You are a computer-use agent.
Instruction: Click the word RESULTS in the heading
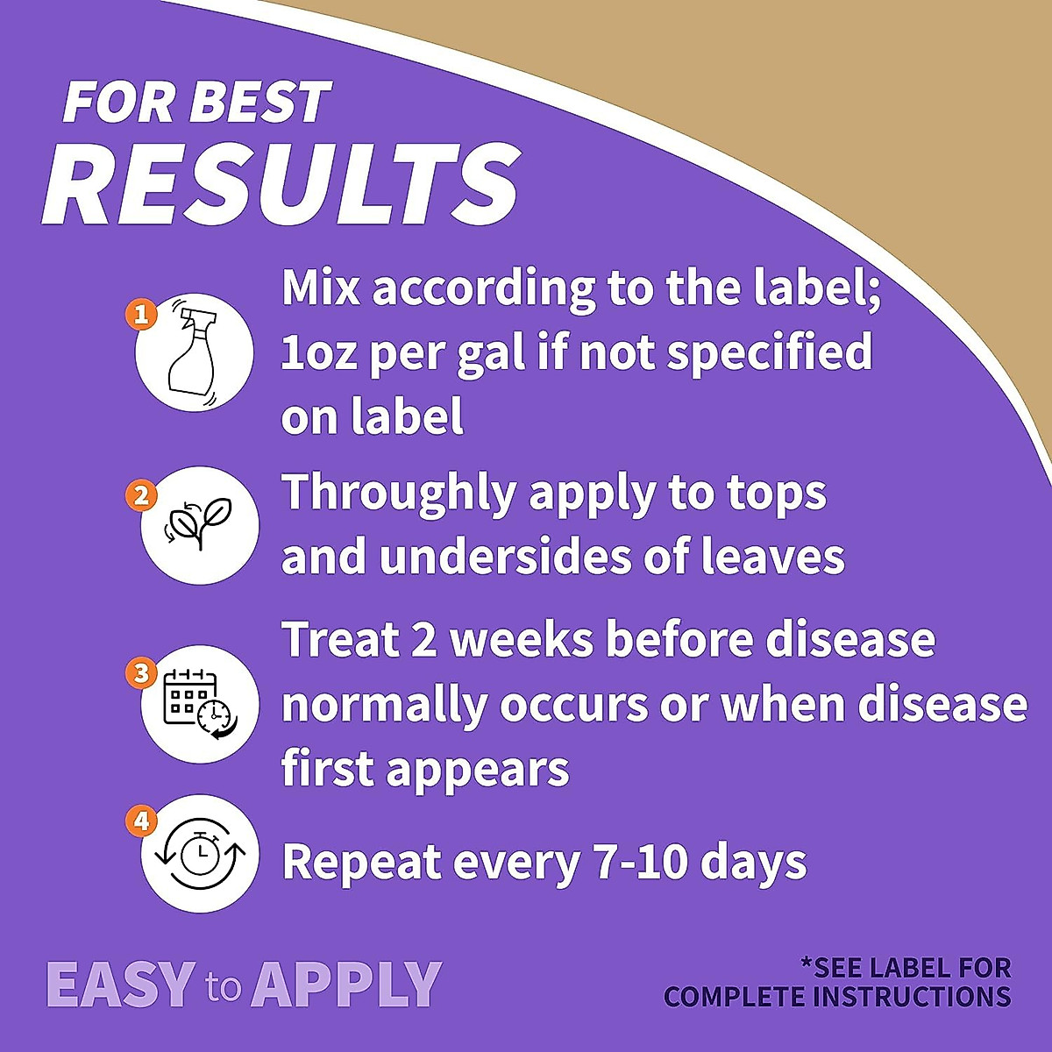coord(280,183)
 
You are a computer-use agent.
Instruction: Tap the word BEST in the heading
coord(260,102)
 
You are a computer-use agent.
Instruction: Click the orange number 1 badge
coord(141,315)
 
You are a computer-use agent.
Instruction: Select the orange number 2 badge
coord(141,495)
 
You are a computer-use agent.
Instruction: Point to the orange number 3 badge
coord(141,673)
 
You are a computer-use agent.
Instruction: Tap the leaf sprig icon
coord(199,523)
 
